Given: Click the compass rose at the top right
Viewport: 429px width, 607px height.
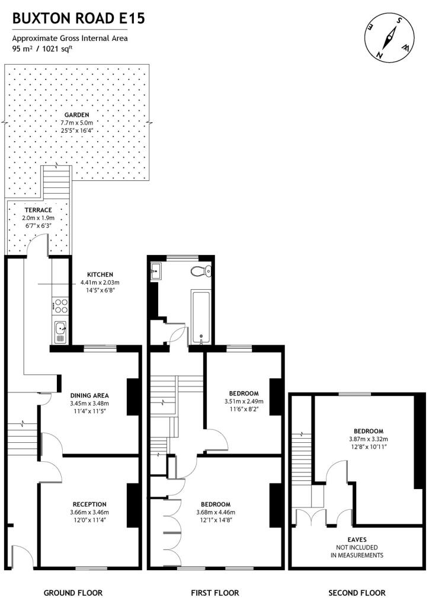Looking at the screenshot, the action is click(389, 37).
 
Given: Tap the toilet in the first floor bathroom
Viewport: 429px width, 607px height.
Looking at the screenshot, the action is click(201, 271).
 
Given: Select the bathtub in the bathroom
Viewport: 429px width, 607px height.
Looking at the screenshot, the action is click(200, 318).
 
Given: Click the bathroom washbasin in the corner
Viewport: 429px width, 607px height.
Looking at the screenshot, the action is click(156, 270).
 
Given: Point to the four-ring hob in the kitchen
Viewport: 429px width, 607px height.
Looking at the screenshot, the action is click(60, 306).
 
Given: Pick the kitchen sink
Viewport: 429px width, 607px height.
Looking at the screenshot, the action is click(60, 332).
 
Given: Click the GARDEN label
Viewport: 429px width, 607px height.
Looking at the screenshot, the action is click(76, 115).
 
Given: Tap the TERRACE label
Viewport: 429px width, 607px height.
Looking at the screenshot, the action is click(39, 210).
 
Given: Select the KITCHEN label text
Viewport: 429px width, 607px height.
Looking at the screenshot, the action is click(100, 274).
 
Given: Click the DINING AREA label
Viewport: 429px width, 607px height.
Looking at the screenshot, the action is click(89, 395).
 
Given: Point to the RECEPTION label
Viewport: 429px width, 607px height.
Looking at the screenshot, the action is click(89, 504).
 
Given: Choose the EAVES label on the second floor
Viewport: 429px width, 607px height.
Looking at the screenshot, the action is click(357, 539).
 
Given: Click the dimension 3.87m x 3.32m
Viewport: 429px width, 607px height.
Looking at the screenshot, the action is click(369, 439).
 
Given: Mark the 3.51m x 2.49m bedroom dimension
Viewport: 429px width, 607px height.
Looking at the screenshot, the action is click(244, 401).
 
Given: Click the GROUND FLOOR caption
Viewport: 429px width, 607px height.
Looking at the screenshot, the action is click(73, 593).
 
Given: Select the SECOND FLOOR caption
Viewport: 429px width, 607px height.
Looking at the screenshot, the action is click(357, 593).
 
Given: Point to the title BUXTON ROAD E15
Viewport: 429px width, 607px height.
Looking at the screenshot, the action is click(79, 18).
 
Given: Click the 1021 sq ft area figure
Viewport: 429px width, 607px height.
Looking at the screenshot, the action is click(57, 49).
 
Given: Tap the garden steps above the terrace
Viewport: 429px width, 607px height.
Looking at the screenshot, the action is click(57, 183).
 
